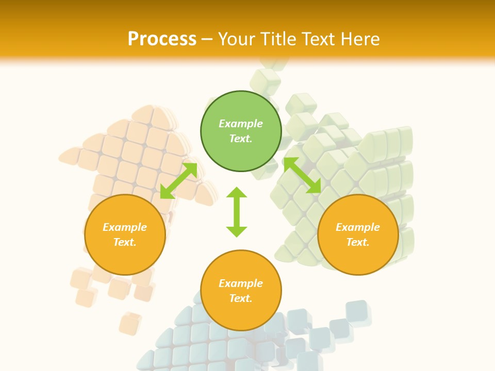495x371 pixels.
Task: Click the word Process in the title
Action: coord(162,39)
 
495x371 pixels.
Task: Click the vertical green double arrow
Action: coord(237,212)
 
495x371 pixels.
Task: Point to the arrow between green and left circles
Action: coord(178,181)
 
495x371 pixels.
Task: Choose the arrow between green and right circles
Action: coord(302,175)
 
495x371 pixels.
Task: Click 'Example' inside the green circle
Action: coord(241,124)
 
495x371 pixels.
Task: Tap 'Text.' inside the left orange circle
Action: coord(125,242)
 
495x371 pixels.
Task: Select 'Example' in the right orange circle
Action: coord(358,227)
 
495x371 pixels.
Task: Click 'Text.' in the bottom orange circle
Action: coord(241,298)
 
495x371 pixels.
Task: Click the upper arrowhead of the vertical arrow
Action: coord(237,192)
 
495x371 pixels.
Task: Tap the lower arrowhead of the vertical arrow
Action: coord(237,231)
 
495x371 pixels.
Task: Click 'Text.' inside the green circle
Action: coord(241,139)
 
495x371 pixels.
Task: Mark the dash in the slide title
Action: coord(207,40)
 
